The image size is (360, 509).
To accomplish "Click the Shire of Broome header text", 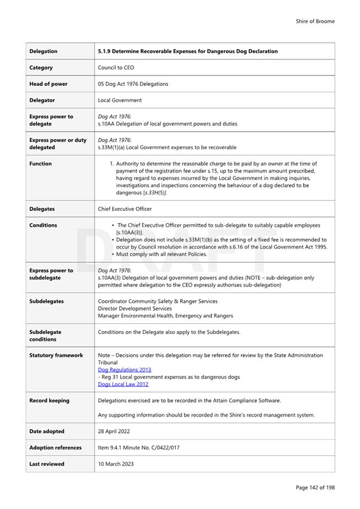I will pos(315,21).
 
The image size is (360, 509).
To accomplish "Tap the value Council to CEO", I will pos(116,68).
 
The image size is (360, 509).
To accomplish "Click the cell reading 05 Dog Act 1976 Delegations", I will pos(133,84).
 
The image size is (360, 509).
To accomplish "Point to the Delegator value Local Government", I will pos(120,100).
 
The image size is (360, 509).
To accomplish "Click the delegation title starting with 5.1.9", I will pos(187,51).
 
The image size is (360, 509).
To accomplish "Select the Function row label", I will pos(40,164).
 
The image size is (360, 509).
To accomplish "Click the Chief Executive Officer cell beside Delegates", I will pos(125,209).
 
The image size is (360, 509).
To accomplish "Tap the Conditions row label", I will pos(43,225).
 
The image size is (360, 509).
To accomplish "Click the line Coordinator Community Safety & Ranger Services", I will pos(158,301).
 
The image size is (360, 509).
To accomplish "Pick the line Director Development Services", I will pos(135,308).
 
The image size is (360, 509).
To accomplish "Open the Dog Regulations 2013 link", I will pos(125,370).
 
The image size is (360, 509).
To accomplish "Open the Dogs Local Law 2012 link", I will pos(123,384).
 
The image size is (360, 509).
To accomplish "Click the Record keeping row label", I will pos(49,400).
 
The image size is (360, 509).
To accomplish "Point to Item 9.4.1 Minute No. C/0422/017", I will pos(138,448).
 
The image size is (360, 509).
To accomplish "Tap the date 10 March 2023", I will pos(116,464).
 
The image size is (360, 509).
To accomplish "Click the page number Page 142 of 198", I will pos(315,488).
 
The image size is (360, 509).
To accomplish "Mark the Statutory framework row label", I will pos(56,355).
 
